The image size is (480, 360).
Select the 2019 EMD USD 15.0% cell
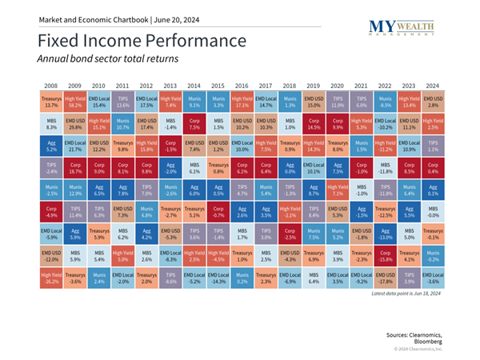[313, 101]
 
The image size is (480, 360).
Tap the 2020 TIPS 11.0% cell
[337, 101]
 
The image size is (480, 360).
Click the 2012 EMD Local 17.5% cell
[147, 101]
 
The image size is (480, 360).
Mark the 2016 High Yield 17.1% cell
[242, 101]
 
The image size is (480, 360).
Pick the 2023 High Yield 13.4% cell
[409, 101]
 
